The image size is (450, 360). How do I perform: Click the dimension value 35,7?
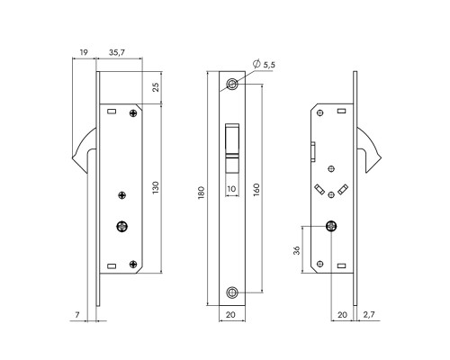click(x=117, y=53)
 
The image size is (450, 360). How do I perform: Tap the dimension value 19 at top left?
click(x=84, y=52)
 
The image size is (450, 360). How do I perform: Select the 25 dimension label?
click(x=156, y=87)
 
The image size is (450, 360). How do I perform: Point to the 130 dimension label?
click(x=156, y=187)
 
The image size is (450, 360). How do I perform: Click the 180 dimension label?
click(x=201, y=193)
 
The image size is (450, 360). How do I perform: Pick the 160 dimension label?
click(x=256, y=190)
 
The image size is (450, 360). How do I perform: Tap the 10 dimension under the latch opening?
click(x=231, y=189)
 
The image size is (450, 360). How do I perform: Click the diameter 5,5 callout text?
click(x=264, y=64)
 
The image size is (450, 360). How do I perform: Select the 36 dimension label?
click(x=296, y=250)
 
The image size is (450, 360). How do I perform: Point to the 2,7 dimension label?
click(x=369, y=314)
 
